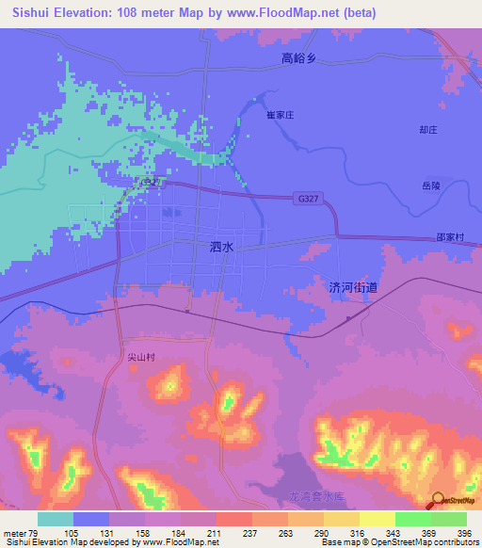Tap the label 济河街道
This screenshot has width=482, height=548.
point(353,287)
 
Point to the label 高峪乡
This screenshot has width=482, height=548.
point(301,58)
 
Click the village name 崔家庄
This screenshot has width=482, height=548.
point(281,114)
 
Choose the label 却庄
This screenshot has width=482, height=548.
point(429,130)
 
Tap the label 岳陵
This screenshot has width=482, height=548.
point(430,186)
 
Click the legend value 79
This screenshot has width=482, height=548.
point(35,533)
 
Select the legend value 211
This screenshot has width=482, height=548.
point(215,533)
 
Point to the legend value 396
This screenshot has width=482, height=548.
point(465,533)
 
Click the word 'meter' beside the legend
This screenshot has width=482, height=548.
point(14,533)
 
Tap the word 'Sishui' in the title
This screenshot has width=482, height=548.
point(29,13)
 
